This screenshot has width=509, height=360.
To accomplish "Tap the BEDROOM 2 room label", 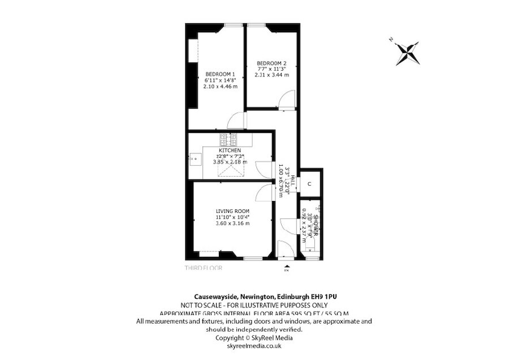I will tap(271, 63).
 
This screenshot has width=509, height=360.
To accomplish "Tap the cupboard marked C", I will tap(310, 185).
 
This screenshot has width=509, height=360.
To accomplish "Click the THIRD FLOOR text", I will tap(204, 268).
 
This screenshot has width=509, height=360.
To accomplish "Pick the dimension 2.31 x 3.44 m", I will tap(271, 75).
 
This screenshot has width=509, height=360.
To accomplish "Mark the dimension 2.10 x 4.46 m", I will tap(220, 86).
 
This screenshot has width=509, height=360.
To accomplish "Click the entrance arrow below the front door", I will tap(287, 265).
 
